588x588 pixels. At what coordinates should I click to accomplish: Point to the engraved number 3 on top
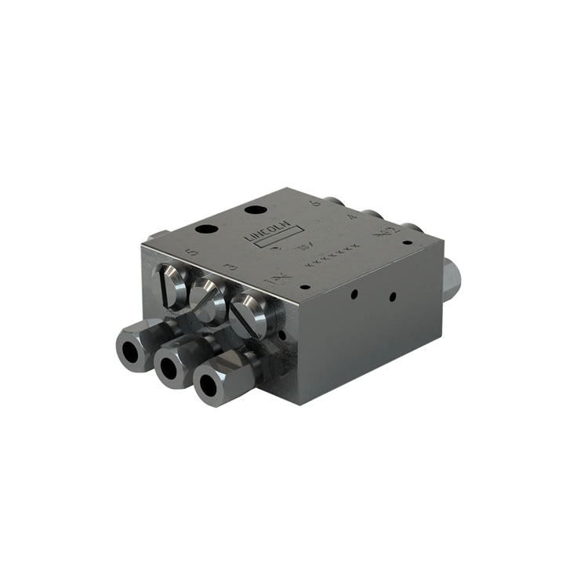[x=230, y=268]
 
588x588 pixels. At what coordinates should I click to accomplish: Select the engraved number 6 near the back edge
[x=315, y=203]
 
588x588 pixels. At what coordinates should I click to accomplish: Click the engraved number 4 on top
[x=352, y=217]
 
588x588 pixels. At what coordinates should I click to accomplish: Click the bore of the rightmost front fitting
[x=209, y=386]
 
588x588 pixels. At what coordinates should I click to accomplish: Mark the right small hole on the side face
[x=393, y=298]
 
